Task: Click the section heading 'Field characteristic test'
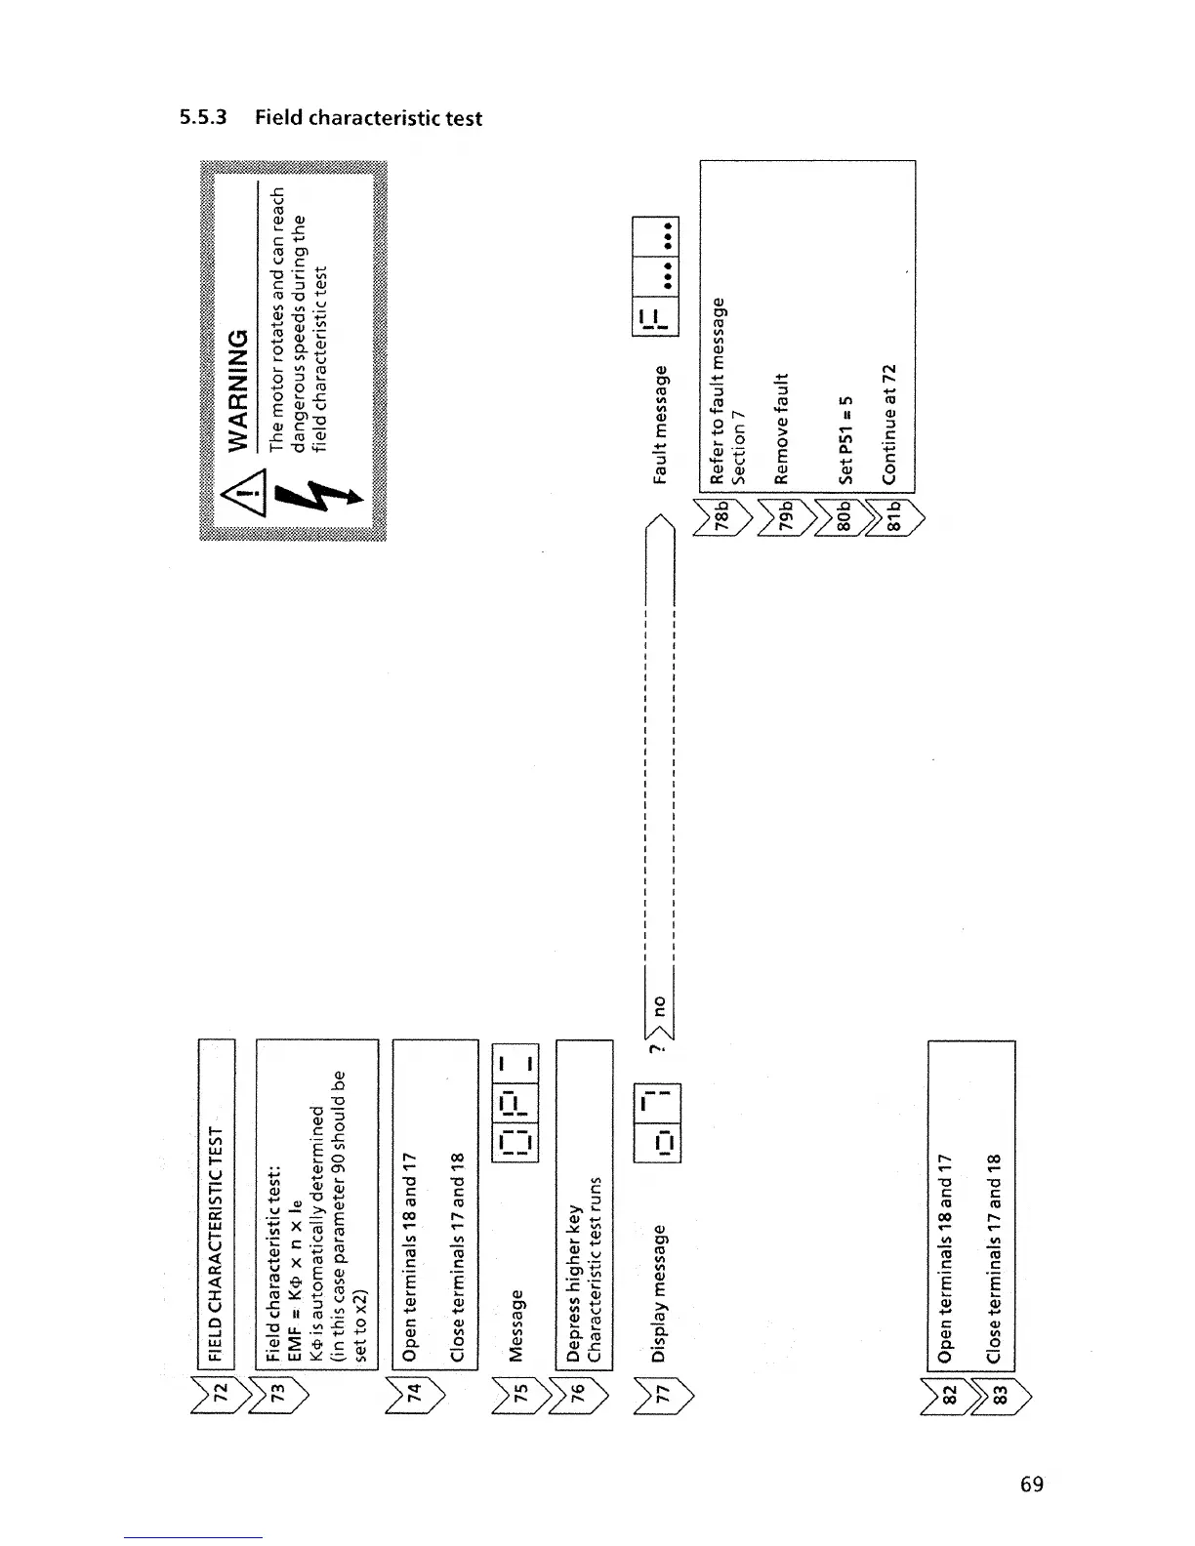(368, 118)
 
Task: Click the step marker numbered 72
(218, 1390)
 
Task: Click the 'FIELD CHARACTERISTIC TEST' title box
(218, 1204)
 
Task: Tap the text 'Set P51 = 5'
(845, 439)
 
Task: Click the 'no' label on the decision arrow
(658, 1004)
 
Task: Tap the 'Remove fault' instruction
(781, 428)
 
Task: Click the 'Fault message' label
(661, 425)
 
